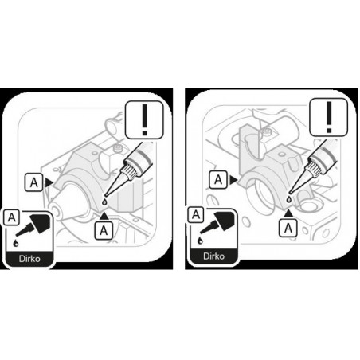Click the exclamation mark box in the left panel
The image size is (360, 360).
(x=144, y=120)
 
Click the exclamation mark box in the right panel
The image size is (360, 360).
(x=329, y=117)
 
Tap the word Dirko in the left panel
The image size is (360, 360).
(x=29, y=259)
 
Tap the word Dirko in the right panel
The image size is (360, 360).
(x=213, y=256)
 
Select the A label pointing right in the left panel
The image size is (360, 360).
(x=33, y=182)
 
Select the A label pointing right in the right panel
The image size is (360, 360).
(x=218, y=180)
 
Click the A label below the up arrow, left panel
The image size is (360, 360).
(x=104, y=230)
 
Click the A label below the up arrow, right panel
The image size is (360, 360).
(x=288, y=228)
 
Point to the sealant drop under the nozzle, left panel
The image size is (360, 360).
(x=105, y=202)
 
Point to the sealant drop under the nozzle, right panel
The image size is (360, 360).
(x=289, y=199)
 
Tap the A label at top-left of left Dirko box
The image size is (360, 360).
(x=11, y=217)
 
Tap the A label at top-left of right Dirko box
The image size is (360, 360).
(x=196, y=215)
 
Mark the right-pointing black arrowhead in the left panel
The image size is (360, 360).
(x=49, y=182)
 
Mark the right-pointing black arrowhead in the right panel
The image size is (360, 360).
(x=233, y=180)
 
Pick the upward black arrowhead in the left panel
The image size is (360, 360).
(x=104, y=216)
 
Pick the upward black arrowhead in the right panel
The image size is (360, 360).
(x=288, y=213)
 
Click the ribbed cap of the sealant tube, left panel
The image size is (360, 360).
(x=131, y=169)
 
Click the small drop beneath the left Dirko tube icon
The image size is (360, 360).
(x=16, y=243)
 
